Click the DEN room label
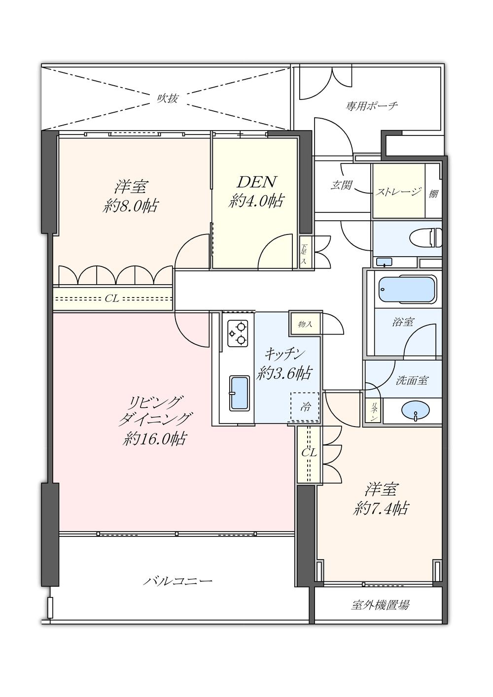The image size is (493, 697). (256, 182)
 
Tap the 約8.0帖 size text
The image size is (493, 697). (131, 206)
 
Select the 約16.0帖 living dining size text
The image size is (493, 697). (154, 438)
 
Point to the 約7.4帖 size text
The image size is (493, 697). (381, 508)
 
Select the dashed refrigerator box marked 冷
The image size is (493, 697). (305, 407)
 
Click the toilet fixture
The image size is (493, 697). (427, 237)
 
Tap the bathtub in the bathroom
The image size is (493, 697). (407, 289)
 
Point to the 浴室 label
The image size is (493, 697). (403, 322)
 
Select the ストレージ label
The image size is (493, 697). (399, 192)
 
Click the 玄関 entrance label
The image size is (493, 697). (341, 186)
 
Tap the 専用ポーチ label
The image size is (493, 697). (371, 105)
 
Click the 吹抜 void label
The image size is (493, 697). (167, 98)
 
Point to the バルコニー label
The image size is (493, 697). (178, 581)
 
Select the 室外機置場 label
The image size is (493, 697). (380, 605)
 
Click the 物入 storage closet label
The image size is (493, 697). (305, 324)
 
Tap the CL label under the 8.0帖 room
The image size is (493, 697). (112, 298)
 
